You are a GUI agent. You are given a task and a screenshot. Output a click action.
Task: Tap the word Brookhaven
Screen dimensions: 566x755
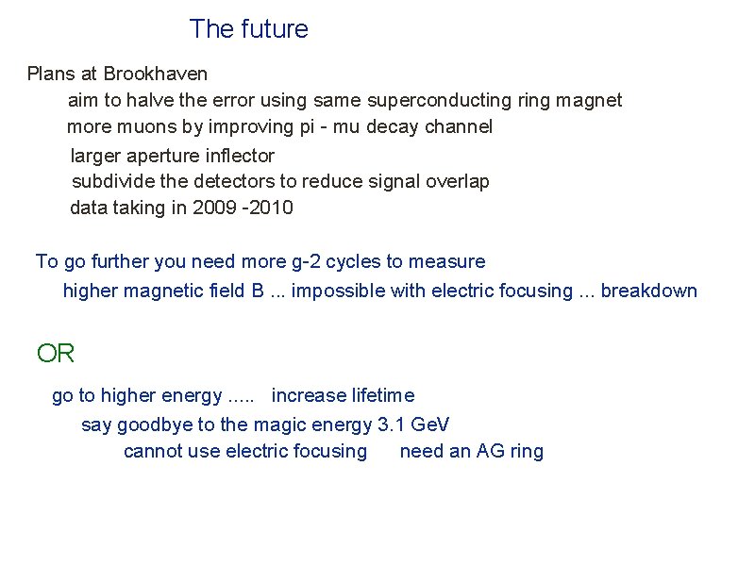click(156, 74)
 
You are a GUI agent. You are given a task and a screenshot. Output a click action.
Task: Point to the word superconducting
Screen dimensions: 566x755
click(439, 100)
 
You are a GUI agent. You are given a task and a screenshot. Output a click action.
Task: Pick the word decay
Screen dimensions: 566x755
click(393, 126)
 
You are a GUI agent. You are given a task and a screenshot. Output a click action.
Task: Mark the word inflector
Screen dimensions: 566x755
click(237, 155)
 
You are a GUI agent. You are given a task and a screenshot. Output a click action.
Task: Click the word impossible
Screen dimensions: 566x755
click(337, 291)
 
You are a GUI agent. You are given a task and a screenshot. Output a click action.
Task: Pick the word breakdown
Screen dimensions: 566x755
click(649, 291)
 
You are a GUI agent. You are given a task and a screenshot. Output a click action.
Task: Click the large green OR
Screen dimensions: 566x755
click(56, 354)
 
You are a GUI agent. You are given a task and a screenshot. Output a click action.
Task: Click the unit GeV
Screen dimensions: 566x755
click(431, 424)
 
